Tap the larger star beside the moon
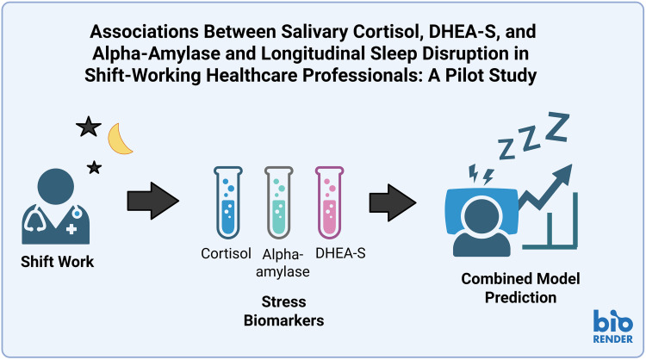coord(88,128)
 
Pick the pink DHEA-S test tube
coord(329,203)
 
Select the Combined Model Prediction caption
coord(509,289)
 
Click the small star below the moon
coord(94,165)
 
